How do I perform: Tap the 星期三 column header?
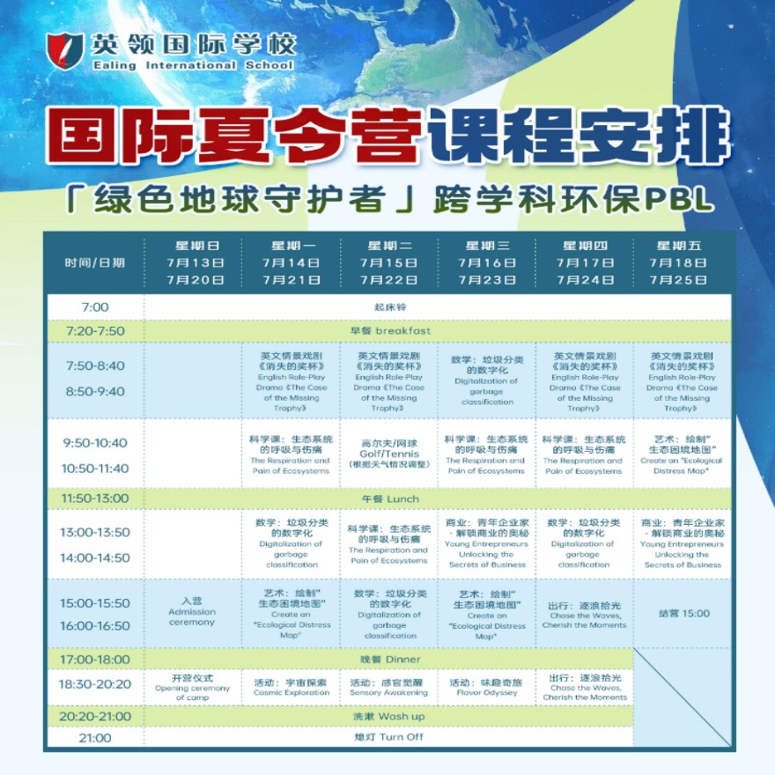click(x=487, y=246)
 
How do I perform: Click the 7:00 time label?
click(x=94, y=307)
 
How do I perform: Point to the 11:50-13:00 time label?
click(x=94, y=498)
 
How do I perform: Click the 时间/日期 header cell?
click(x=94, y=262)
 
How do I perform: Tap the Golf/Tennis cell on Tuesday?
click(x=389, y=452)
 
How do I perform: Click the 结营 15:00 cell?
click(x=682, y=613)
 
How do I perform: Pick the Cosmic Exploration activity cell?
click(x=292, y=685)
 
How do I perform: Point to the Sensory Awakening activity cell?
click(x=389, y=685)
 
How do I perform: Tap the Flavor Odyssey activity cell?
click(x=486, y=685)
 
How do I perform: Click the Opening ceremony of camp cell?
click(x=192, y=687)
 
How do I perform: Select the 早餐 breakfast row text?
click(x=388, y=330)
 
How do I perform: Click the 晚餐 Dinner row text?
click(x=388, y=659)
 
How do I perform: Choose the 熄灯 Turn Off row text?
click(x=388, y=737)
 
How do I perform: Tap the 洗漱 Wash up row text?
click(x=388, y=716)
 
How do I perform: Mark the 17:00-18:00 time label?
click(x=94, y=659)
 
